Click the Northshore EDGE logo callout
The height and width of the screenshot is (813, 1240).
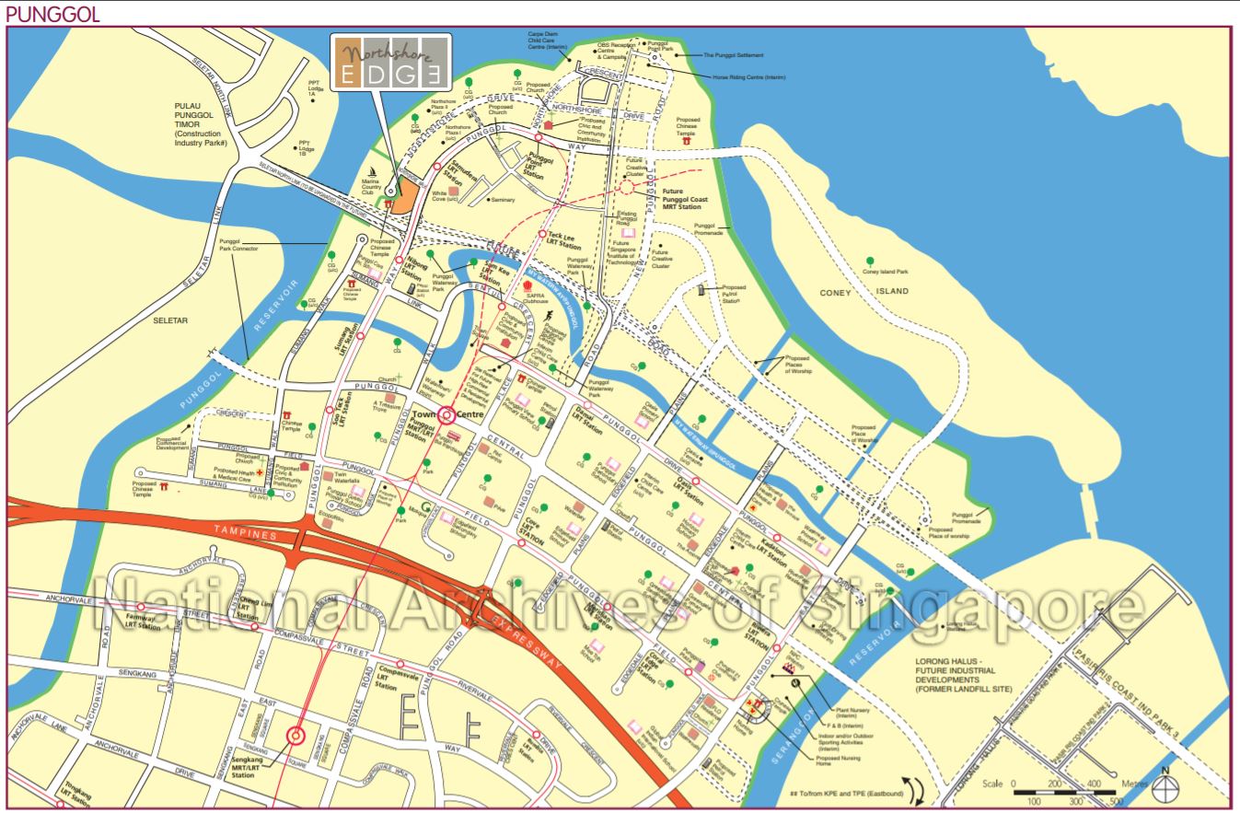[390, 64]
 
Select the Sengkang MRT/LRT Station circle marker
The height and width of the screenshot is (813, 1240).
[296, 736]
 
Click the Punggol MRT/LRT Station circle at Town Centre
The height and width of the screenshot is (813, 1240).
[446, 416]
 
